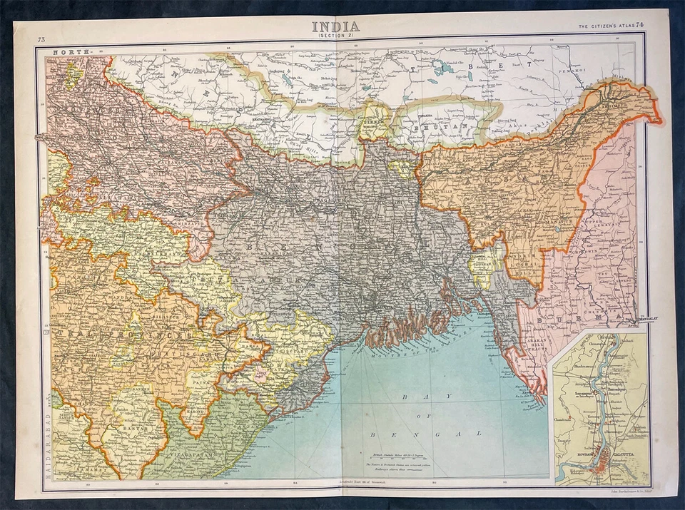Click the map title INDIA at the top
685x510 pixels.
coord(335,26)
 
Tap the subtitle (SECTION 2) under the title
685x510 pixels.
coord(335,36)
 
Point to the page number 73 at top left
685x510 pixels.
coord(42,39)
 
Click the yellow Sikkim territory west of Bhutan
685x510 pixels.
coord(372,120)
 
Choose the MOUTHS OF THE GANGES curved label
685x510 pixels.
coord(414,339)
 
